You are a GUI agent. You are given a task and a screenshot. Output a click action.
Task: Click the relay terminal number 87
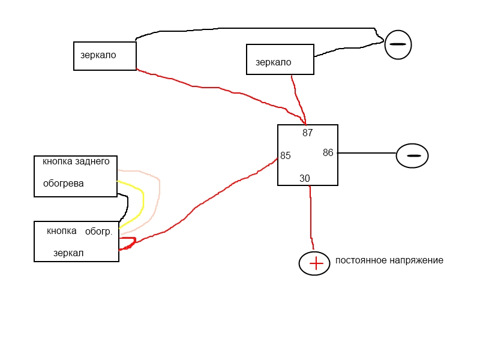[x=308, y=133]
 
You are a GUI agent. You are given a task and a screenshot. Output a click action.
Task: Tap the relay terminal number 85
[x=286, y=156]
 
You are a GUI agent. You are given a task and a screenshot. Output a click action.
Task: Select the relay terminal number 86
[x=328, y=153]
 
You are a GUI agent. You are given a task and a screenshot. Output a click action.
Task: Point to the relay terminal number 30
[x=305, y=178]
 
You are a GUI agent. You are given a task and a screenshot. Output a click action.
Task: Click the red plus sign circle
[x=315, y=263]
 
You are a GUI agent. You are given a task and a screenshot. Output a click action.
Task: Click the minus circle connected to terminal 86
[x=412, y=155]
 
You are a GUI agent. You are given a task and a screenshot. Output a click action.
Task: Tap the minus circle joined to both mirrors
[x=398, y=44]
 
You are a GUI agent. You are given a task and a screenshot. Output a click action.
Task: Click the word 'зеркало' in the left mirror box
[x=98, y=55]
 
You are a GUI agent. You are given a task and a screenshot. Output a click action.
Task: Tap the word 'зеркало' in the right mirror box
[x=273, y=62]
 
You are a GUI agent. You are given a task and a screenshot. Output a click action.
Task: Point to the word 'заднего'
[x=92, y=161]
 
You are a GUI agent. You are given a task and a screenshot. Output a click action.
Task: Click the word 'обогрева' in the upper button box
[x=64, y=184]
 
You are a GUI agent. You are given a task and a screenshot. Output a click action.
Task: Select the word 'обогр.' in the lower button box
[x=98, y=231]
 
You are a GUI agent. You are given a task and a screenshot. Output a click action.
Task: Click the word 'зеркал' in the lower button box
[x=68, y=253]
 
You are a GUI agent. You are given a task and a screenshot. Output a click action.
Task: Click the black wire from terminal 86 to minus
[x=366, y=153]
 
